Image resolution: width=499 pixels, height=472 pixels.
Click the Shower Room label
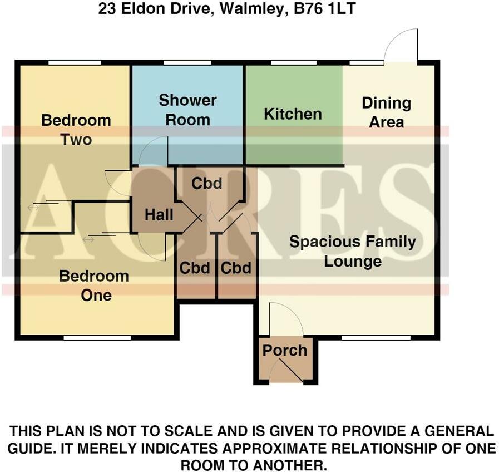tap(188, 110)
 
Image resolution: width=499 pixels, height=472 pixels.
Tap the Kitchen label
tap(293, 114)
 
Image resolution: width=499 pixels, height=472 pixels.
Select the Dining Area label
tap(386, 112)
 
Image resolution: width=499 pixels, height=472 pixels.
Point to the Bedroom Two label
tap(76, 130)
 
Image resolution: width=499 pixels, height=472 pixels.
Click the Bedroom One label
tap(94, 286)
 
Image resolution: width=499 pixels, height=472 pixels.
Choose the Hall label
tap(159, 215)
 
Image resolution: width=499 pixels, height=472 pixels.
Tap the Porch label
tap(285, 350)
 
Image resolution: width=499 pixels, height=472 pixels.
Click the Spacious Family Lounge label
tap(353, 252)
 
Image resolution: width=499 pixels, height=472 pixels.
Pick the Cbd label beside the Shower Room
tap(207, 183)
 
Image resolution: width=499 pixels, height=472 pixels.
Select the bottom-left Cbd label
tap(195, 268)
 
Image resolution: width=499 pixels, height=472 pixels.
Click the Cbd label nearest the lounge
tap(236, 268)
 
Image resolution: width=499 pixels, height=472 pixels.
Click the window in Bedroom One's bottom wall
tap(97, 338)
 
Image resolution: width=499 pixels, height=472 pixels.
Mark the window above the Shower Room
tap(188, 62)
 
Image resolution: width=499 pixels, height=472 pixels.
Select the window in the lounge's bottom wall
tap(376, 338)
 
